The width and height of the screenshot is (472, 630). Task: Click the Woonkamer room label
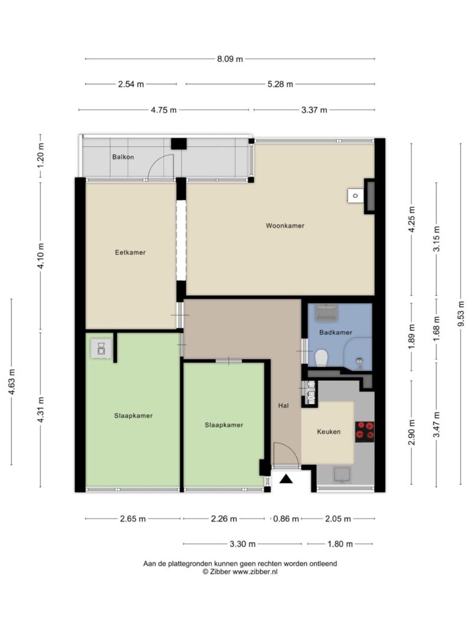(285, 226)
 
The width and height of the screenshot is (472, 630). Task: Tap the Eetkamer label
(130, 252)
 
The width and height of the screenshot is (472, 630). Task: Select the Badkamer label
(336, 332)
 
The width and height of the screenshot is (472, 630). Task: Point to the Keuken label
(329, 432)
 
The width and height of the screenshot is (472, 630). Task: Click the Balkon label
(123, 156)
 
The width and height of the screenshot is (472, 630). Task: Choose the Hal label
(283, 406)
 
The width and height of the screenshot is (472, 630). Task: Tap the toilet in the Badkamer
(321, 358)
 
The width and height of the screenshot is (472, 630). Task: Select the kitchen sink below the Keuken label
(342, 474)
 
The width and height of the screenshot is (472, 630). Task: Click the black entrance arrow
(286, 479)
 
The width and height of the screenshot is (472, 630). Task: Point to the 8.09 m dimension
(230, 59)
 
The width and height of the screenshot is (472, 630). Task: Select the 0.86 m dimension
(286, 519)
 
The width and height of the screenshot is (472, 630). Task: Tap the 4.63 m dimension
(12, 381)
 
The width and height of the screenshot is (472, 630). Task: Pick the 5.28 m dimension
(280, 84)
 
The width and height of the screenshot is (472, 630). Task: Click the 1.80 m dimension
(340, 544)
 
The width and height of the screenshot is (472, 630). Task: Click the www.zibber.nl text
(255, 572)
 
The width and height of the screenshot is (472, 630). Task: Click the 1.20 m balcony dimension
(41, 155)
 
